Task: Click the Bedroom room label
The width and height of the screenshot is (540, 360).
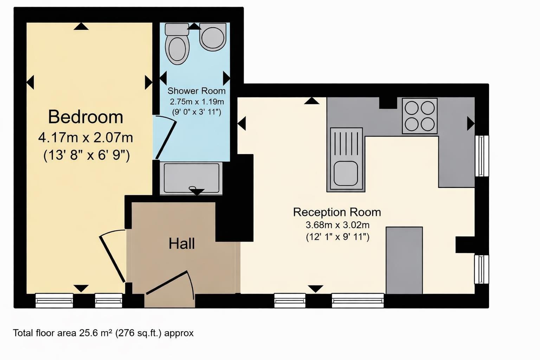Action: click(x=85, y=117)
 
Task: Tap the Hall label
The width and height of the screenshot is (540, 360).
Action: click(x=181, y=244)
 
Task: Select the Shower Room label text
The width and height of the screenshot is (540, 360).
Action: click(x=196, y=91)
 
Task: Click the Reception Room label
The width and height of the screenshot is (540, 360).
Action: click(x=337, y=212)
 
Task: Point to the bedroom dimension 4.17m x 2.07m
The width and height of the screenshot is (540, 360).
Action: click(x=85, y=137)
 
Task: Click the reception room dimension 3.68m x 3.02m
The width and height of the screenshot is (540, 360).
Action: click(x=337, y=225)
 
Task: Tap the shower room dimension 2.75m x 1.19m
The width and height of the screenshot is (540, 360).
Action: click(x=197, y=102)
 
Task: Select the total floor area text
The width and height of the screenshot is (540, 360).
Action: click(x=103, y=333)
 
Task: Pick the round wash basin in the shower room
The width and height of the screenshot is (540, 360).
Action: click(x=213, y=37)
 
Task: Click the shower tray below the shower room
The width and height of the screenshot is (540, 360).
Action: click(x=191, y=178)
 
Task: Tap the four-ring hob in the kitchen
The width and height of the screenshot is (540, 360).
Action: click(x=420, y=116)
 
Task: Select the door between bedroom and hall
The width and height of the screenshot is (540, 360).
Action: click(x=112, y=257)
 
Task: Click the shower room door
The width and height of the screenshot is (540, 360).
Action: click(x=165, y=138)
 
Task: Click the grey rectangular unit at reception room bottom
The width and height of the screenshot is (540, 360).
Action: click(x=404, y=260)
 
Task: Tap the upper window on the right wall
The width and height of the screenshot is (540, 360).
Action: click(x=482, y=156)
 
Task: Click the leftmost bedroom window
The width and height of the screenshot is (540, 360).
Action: click(x=54, y=301)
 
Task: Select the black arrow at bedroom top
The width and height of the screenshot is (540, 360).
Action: click(x=81, y=26)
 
